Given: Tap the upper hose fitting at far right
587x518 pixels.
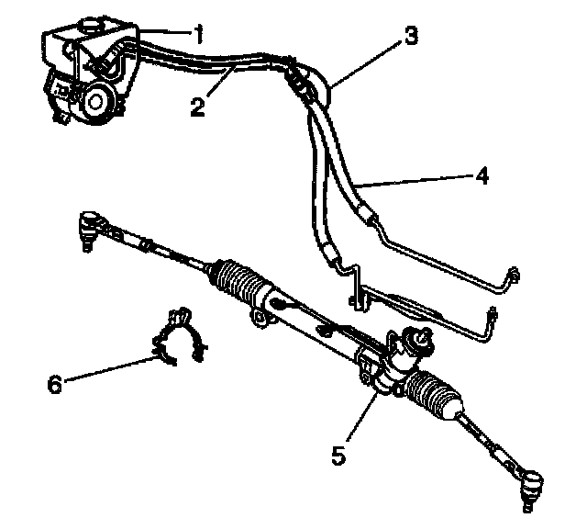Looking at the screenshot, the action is [515, 276].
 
